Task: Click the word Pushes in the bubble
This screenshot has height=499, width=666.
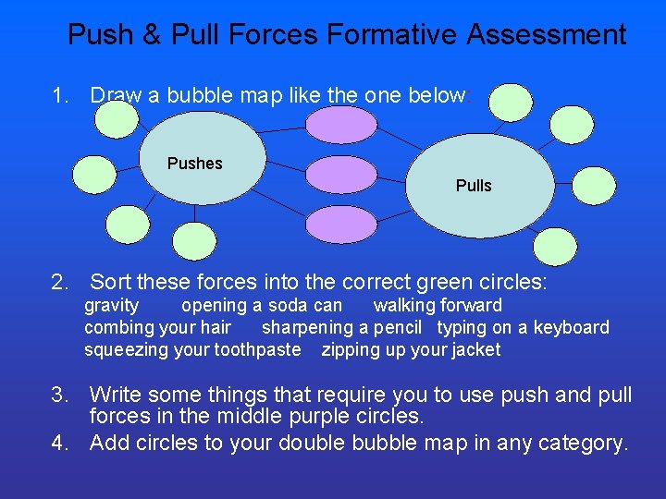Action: point(195,164)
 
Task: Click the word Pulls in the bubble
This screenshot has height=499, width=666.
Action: point(474,186)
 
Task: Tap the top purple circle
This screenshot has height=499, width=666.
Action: point(341,126)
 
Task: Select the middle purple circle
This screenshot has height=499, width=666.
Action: point(341,174)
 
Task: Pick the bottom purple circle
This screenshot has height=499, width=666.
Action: point(341,223)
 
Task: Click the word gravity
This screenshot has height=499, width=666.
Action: point(112,306)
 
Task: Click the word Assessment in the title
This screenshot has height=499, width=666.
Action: point(547,35)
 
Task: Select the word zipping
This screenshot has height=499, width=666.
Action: point(349,350)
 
